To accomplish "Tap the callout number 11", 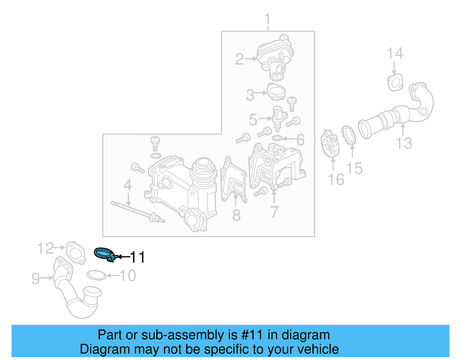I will click(137, 257).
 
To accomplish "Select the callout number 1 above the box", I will click(268, 19).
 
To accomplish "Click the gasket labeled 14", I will click(395, 82).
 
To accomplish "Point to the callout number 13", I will click(404, 143).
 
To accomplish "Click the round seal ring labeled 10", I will click(96, 275).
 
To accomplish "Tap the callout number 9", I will click(36, 278).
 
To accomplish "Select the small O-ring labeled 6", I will click(277, 139).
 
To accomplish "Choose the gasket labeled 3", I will click(276, 92).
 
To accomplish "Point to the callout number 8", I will click(236, 215).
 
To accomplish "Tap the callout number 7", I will click(274, 212).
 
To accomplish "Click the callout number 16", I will click(336, 180).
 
